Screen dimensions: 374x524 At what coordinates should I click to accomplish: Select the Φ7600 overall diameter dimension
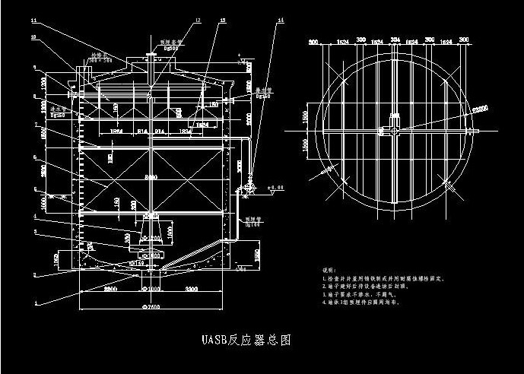pyautogui.click(x=152, y=306)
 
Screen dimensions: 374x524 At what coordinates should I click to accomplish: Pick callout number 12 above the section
pyautogui.click(x=198, y=21)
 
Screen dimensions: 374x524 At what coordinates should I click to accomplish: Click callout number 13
pyautogui.click(x=222, y=21)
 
